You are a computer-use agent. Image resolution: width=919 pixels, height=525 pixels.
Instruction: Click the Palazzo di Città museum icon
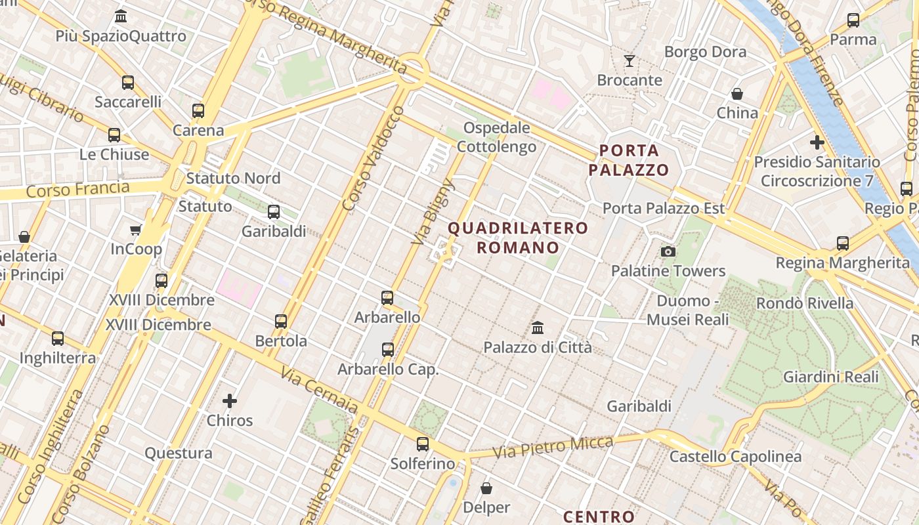538,327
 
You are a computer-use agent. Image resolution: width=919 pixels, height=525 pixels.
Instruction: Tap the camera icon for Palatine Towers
668,251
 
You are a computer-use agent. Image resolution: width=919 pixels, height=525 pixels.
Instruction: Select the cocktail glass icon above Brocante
630,61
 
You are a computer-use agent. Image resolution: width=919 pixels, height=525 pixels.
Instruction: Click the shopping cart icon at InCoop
136,230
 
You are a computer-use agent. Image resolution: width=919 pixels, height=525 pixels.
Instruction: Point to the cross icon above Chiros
230,400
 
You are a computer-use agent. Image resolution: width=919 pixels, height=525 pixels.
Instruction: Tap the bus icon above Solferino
423,444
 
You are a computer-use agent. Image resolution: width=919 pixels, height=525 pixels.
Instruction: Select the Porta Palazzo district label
629,160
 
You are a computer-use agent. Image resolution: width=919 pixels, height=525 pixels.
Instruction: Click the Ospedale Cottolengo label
496,137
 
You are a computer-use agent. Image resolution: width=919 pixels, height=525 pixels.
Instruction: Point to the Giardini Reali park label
830,377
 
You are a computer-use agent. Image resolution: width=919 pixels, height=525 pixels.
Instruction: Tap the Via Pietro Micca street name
553,446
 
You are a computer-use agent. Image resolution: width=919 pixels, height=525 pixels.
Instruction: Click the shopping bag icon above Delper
486,488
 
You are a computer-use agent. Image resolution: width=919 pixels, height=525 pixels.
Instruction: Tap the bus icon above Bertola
281,322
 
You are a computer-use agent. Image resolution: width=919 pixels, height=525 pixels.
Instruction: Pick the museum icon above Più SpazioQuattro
121,16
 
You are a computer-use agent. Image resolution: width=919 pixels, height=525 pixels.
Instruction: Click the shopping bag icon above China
737,94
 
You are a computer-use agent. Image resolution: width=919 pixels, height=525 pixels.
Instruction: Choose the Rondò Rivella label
805,303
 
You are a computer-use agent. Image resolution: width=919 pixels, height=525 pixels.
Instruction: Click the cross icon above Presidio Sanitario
817,142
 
